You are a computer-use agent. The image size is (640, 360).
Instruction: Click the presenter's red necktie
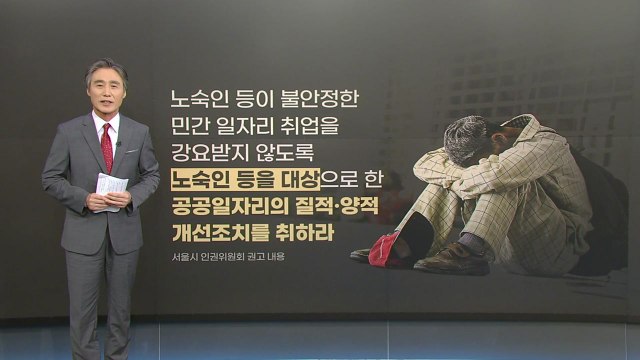106,147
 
